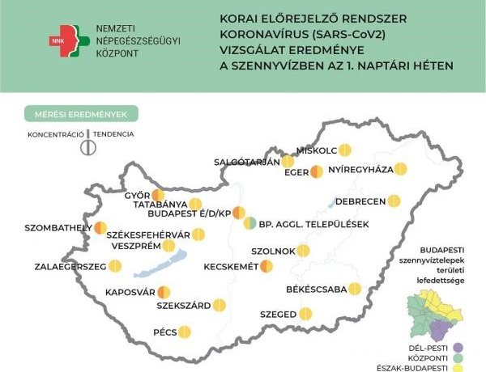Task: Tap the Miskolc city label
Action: coord(317,150)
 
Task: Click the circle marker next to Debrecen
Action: coord(394,201)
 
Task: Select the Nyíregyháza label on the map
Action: coord(360,170)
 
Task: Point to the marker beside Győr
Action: coord(158,195)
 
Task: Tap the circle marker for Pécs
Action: coord(185,332)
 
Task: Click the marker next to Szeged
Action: coord(305,313)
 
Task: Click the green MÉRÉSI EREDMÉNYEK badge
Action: coord(81,114)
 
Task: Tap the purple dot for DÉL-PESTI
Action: coord(458,349)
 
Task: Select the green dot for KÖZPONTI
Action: coord(458,358)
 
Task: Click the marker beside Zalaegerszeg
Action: coord(115,265)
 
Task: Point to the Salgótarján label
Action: coord(245,162)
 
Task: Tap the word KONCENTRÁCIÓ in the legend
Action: coord(53,133)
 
